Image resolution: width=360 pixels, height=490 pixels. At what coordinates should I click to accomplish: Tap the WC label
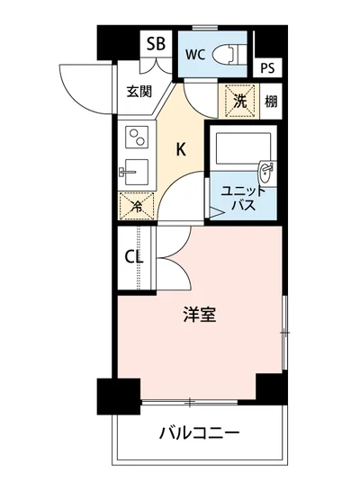(x=196, y=53)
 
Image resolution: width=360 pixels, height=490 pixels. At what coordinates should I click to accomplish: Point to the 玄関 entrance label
(x=139, y=92)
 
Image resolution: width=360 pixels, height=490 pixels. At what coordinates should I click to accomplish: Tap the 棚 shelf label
(x=270, y=100)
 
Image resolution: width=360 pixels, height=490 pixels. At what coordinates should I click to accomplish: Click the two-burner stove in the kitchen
(x=138, y=138)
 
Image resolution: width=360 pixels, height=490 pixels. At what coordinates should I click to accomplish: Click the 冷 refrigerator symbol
(x=136, y=206)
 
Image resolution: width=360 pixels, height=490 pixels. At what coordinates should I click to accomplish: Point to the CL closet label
(x=134, y=257)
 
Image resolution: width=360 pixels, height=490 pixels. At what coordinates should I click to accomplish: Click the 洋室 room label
(x=199, y=316)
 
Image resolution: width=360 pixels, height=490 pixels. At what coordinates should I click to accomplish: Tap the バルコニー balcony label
(x=199, y=433)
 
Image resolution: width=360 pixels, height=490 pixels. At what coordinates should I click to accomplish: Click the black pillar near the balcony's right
(x=269, y=388)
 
